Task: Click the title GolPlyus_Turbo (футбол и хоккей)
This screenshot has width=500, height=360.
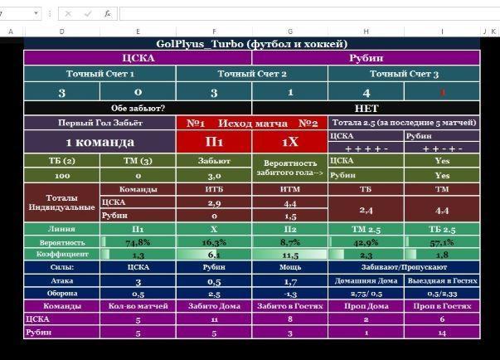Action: [x=251, y=44]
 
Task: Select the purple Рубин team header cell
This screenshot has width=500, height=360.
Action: [x=365, y=58]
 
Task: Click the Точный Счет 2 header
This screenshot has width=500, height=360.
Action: [x=252, y=74]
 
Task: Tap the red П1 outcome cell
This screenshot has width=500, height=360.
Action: [x=214, y=142]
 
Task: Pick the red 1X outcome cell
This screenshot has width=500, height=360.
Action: [x=290, y=142]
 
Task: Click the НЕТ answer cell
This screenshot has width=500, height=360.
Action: [x=365, y=108]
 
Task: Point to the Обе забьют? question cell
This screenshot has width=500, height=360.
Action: [x=138, y=108]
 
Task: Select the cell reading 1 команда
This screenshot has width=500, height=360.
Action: [x=100, y=142]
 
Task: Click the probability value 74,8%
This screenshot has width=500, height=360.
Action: [x=138, y=242]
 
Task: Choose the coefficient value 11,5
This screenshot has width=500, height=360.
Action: [x=290, y=255]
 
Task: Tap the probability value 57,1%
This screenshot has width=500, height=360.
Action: [x=441, y=242]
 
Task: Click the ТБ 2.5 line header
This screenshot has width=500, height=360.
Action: [x=441, y=229]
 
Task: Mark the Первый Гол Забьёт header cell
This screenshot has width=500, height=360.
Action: [x=100, y=123]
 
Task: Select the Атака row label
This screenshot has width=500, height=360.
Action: [x=61, y=281]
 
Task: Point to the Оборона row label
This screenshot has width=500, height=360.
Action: [x=61, y=294]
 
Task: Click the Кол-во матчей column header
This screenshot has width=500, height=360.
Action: [x=138, y=306]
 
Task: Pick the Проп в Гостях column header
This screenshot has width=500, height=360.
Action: [x=441, y=306]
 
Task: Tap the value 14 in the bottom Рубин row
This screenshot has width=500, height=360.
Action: [x=441, y=332]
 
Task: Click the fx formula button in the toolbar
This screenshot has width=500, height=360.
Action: [x=108, y=14]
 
